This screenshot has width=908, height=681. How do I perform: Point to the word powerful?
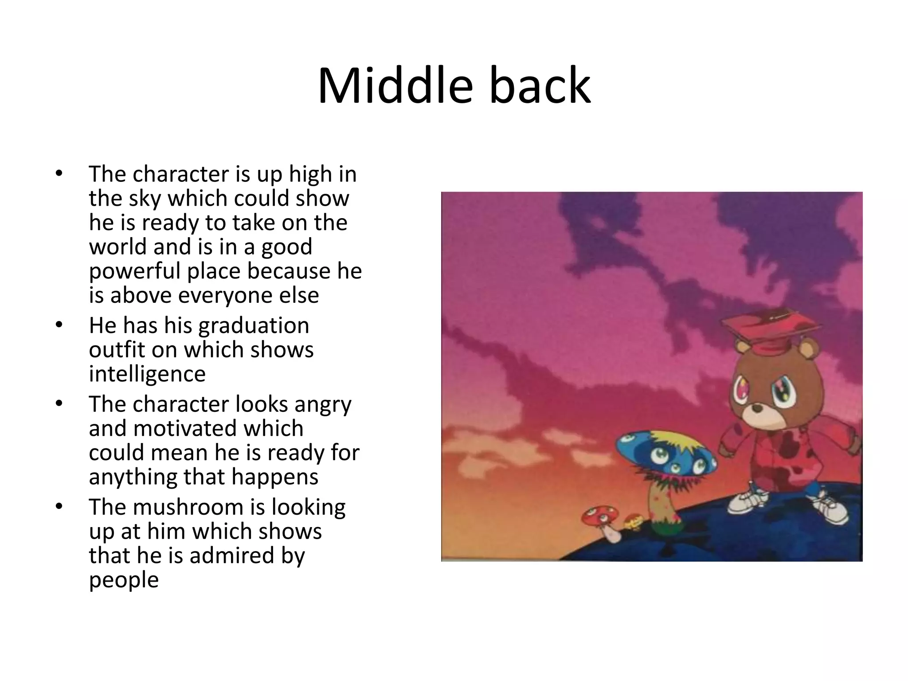(134, 271)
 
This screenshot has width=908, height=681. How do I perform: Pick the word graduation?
(253, 326)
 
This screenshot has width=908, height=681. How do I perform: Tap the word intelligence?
(147, 374)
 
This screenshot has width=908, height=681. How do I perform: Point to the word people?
(124, 579)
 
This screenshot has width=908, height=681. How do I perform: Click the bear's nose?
(763, 412)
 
